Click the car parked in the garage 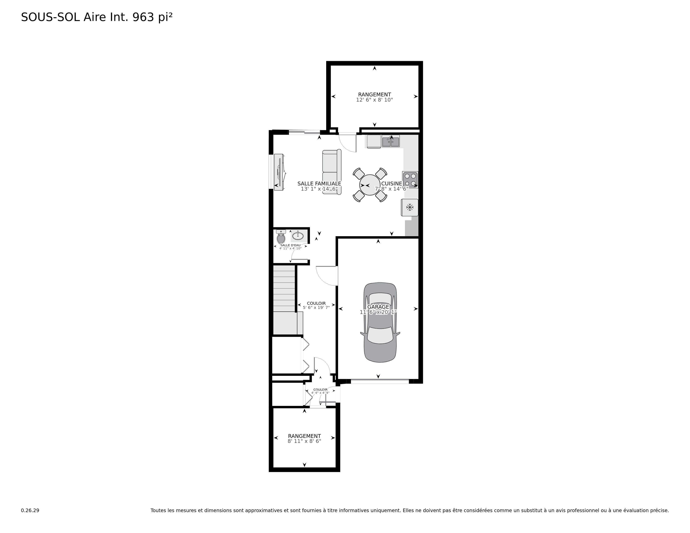[x=380, y=322]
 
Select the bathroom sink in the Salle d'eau [x=298, y=236]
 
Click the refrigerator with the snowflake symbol [x=410, y=208]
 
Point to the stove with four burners [x=410, y=180]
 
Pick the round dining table [x=370, y=185]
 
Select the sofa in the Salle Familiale [x=332, y=172]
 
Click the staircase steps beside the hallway [x=284, y=289]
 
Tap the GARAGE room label [x=378, y=307]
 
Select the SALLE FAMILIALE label [x=319, y=184]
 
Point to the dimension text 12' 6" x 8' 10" [x=374, y=100]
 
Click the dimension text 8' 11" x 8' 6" [x=304, y=441]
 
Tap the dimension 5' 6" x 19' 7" [x=316, y=307]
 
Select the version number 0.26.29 [x=30, y=510]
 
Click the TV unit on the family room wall [x=279, y=172]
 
